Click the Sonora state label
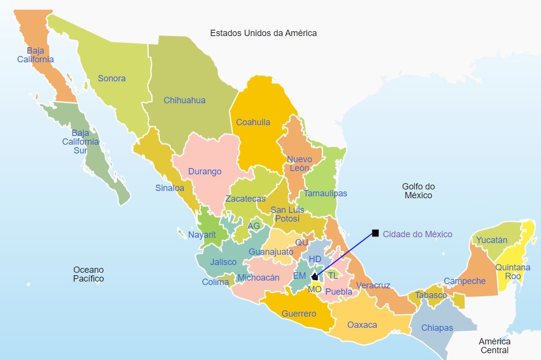coord(112,78)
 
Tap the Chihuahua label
coord(184,100)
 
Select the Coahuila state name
coord(253,122)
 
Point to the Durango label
coord(205,171)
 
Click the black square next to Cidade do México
coord(375,233)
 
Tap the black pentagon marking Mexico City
coord(314,277)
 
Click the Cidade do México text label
coord(417,234)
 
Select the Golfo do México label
coord(418,191)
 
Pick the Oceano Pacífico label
coord(88,274)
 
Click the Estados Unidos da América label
coord(263,33)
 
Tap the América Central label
coord(494,346)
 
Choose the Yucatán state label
coord(492,240)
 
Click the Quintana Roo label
coord(513,272)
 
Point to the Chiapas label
coord(437,328)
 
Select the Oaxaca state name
coord(362,325)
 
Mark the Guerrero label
coord(299,314)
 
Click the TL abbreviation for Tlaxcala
coord(333,276)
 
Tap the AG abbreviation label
coord(253,226)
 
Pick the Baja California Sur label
coord(80,142)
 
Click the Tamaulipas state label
coord(325,193)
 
